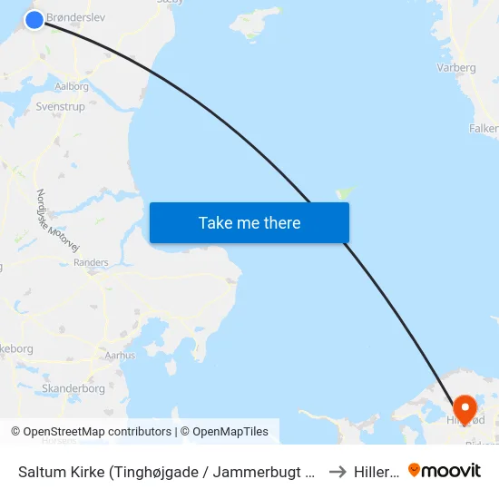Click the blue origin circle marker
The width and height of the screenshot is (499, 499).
[x=34, y=19]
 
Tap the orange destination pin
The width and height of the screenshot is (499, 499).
[x=465, y=408]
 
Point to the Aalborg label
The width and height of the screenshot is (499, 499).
[x=72, y=87]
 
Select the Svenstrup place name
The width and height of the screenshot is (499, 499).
[x=60, y=106]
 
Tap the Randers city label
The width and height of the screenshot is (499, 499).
[x=91, y=262]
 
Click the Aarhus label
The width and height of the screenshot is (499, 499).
[x=120, y=356]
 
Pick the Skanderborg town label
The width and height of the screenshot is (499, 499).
[x=73, y=388]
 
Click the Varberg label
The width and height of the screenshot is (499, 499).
[x=456, y=67]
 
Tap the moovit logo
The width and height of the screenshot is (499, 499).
[x=445, y=470]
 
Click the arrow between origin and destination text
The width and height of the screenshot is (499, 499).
[x=338, y=472]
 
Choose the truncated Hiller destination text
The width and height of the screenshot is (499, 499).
[x=376, y=472]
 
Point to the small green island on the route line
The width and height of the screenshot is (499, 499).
[x=345, y=192]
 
